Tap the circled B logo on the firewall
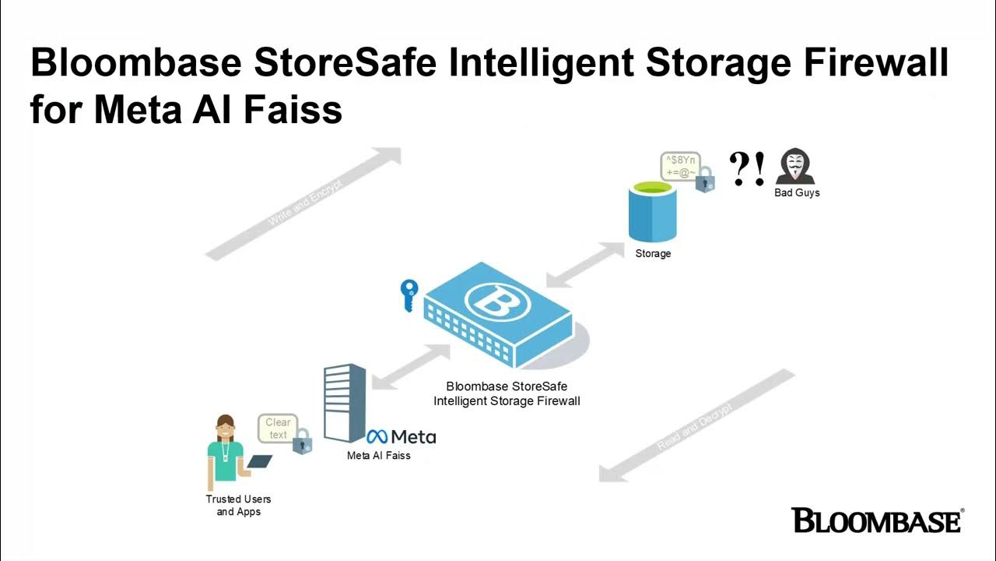click(496, 302)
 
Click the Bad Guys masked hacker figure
click(794, 166)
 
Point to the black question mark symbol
click(739, 168)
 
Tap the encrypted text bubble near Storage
click(679, 166)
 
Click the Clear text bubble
click(278, 429)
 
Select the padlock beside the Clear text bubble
click(302, 442)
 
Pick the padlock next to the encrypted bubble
click(705, 180)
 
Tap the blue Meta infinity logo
click(377, 437)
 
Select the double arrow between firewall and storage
click(583, 265)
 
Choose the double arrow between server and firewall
click(410, 367)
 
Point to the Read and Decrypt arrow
click(696, 425)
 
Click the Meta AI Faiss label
click(378, 455)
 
